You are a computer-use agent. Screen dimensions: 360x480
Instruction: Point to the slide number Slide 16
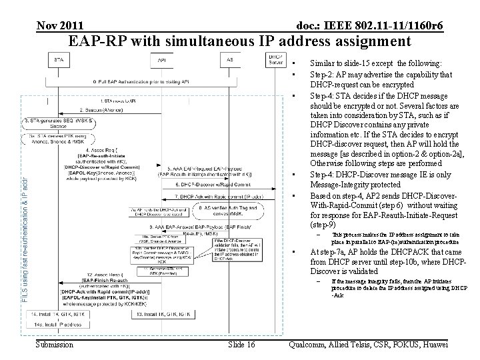tap(241, 345)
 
